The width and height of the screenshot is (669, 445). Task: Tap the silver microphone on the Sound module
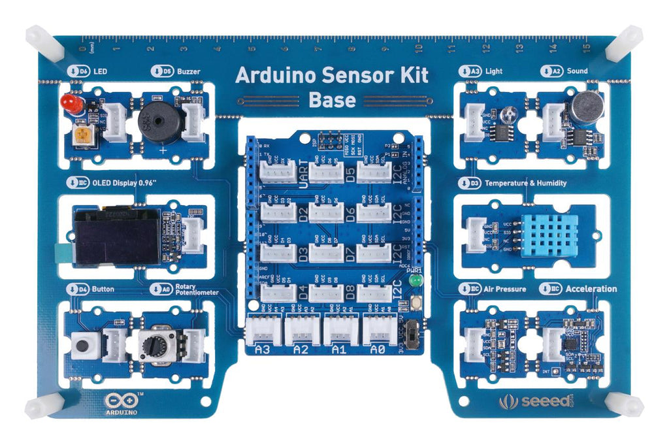coord(586,107)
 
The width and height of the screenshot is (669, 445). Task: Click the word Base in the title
coord(332,101)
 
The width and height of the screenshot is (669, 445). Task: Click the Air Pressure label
coord(505,289)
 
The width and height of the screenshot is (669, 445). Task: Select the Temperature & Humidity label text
coord(525,184)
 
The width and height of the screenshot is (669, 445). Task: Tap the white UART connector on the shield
coord(278,172)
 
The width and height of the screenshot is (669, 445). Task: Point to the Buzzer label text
coord(188,71)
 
